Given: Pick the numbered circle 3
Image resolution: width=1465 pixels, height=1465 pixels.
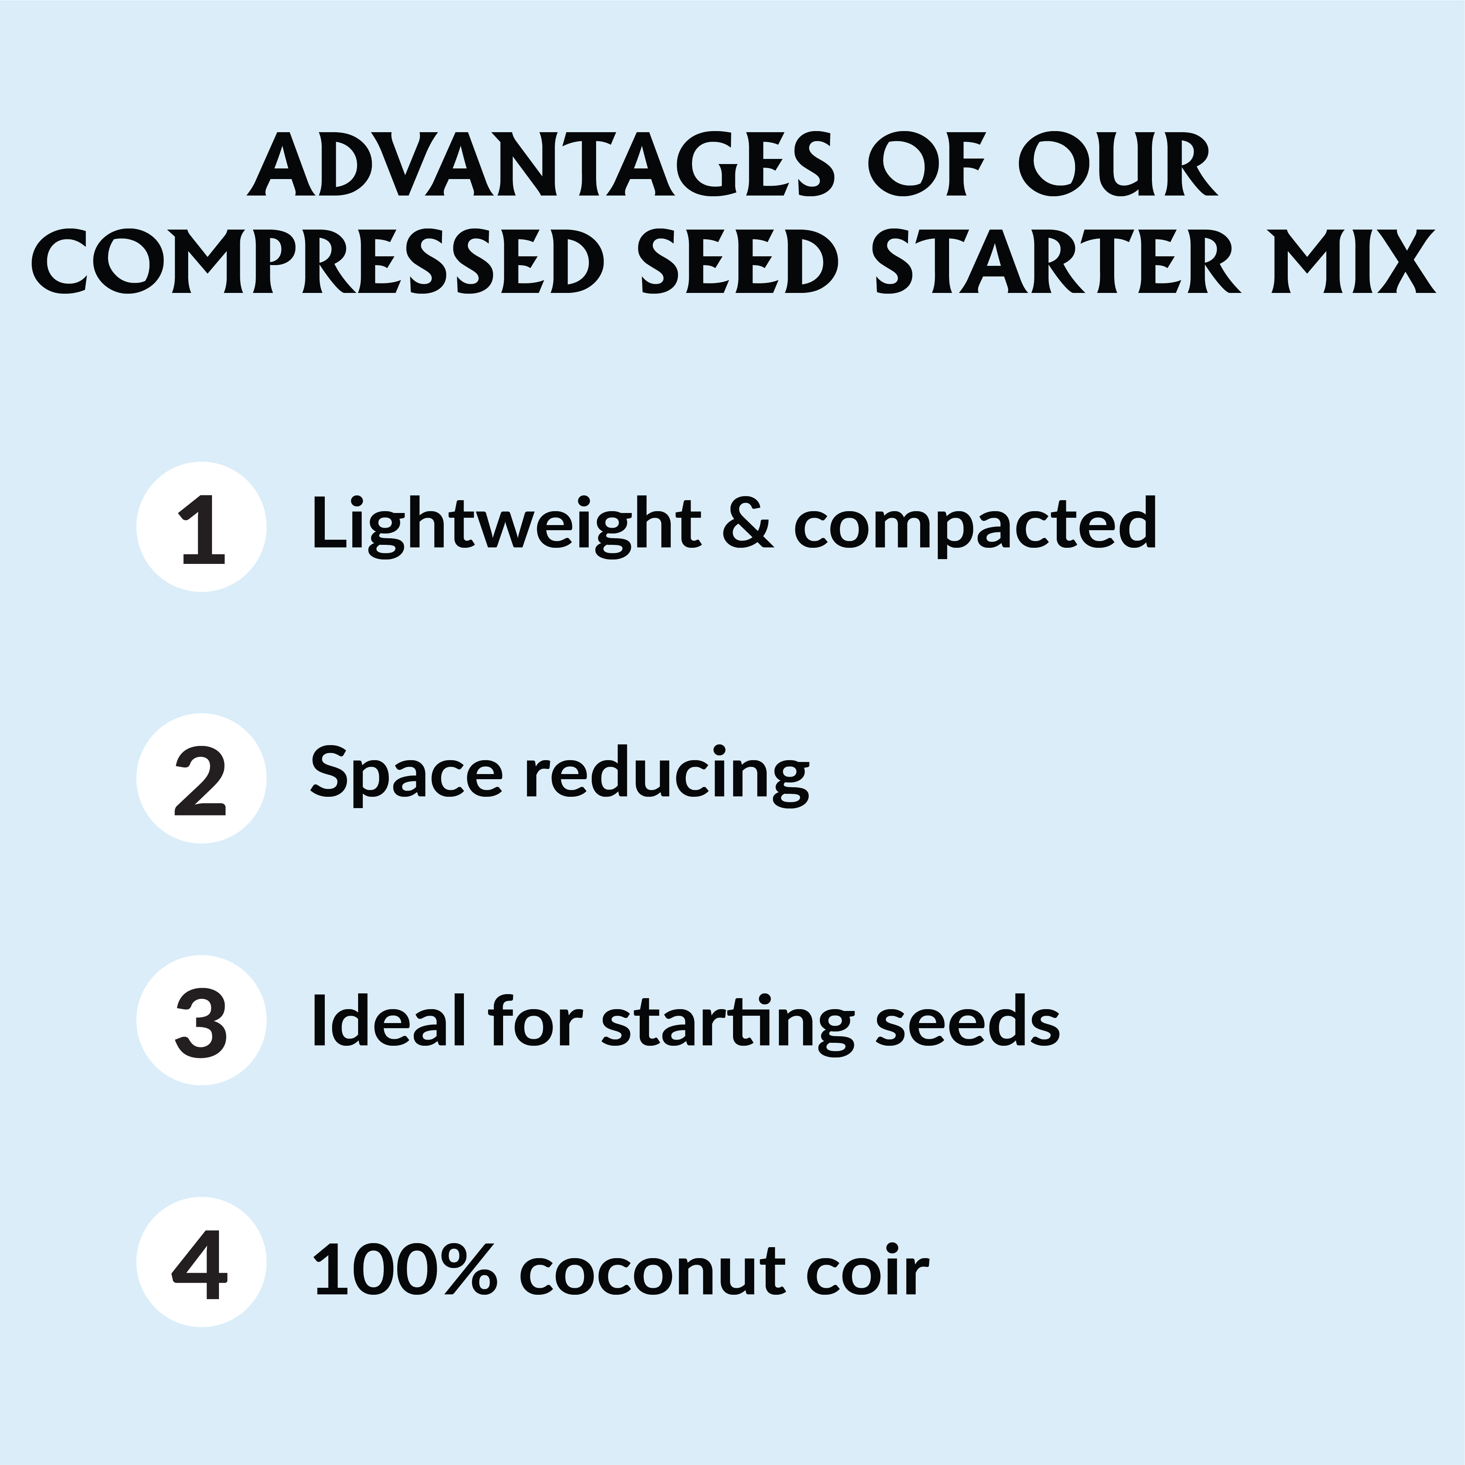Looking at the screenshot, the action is (202, 1020).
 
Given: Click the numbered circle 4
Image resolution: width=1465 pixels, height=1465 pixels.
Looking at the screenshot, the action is (202, 1262).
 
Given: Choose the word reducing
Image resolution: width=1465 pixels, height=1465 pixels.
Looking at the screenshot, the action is (667, 775).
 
